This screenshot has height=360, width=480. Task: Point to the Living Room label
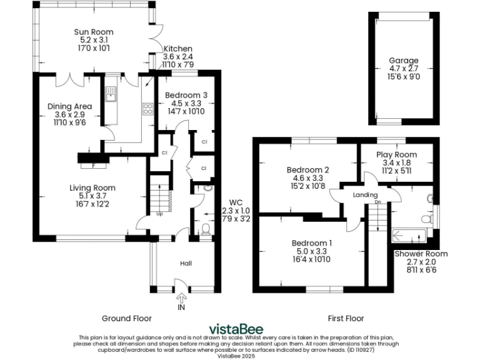coord(92,187)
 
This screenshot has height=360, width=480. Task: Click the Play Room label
coord(396,154)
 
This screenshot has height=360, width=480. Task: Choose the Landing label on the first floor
coord(365,195)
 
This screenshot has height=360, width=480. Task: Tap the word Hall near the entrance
coord(186,264)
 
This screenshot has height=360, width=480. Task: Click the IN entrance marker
coord(181,307)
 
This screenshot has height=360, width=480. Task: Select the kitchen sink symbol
coord(111,96)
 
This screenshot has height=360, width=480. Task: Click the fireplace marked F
coord(93,166)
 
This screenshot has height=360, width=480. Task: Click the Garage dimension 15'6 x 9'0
coord(404,77)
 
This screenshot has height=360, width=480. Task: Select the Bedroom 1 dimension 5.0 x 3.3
coord(311,251)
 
